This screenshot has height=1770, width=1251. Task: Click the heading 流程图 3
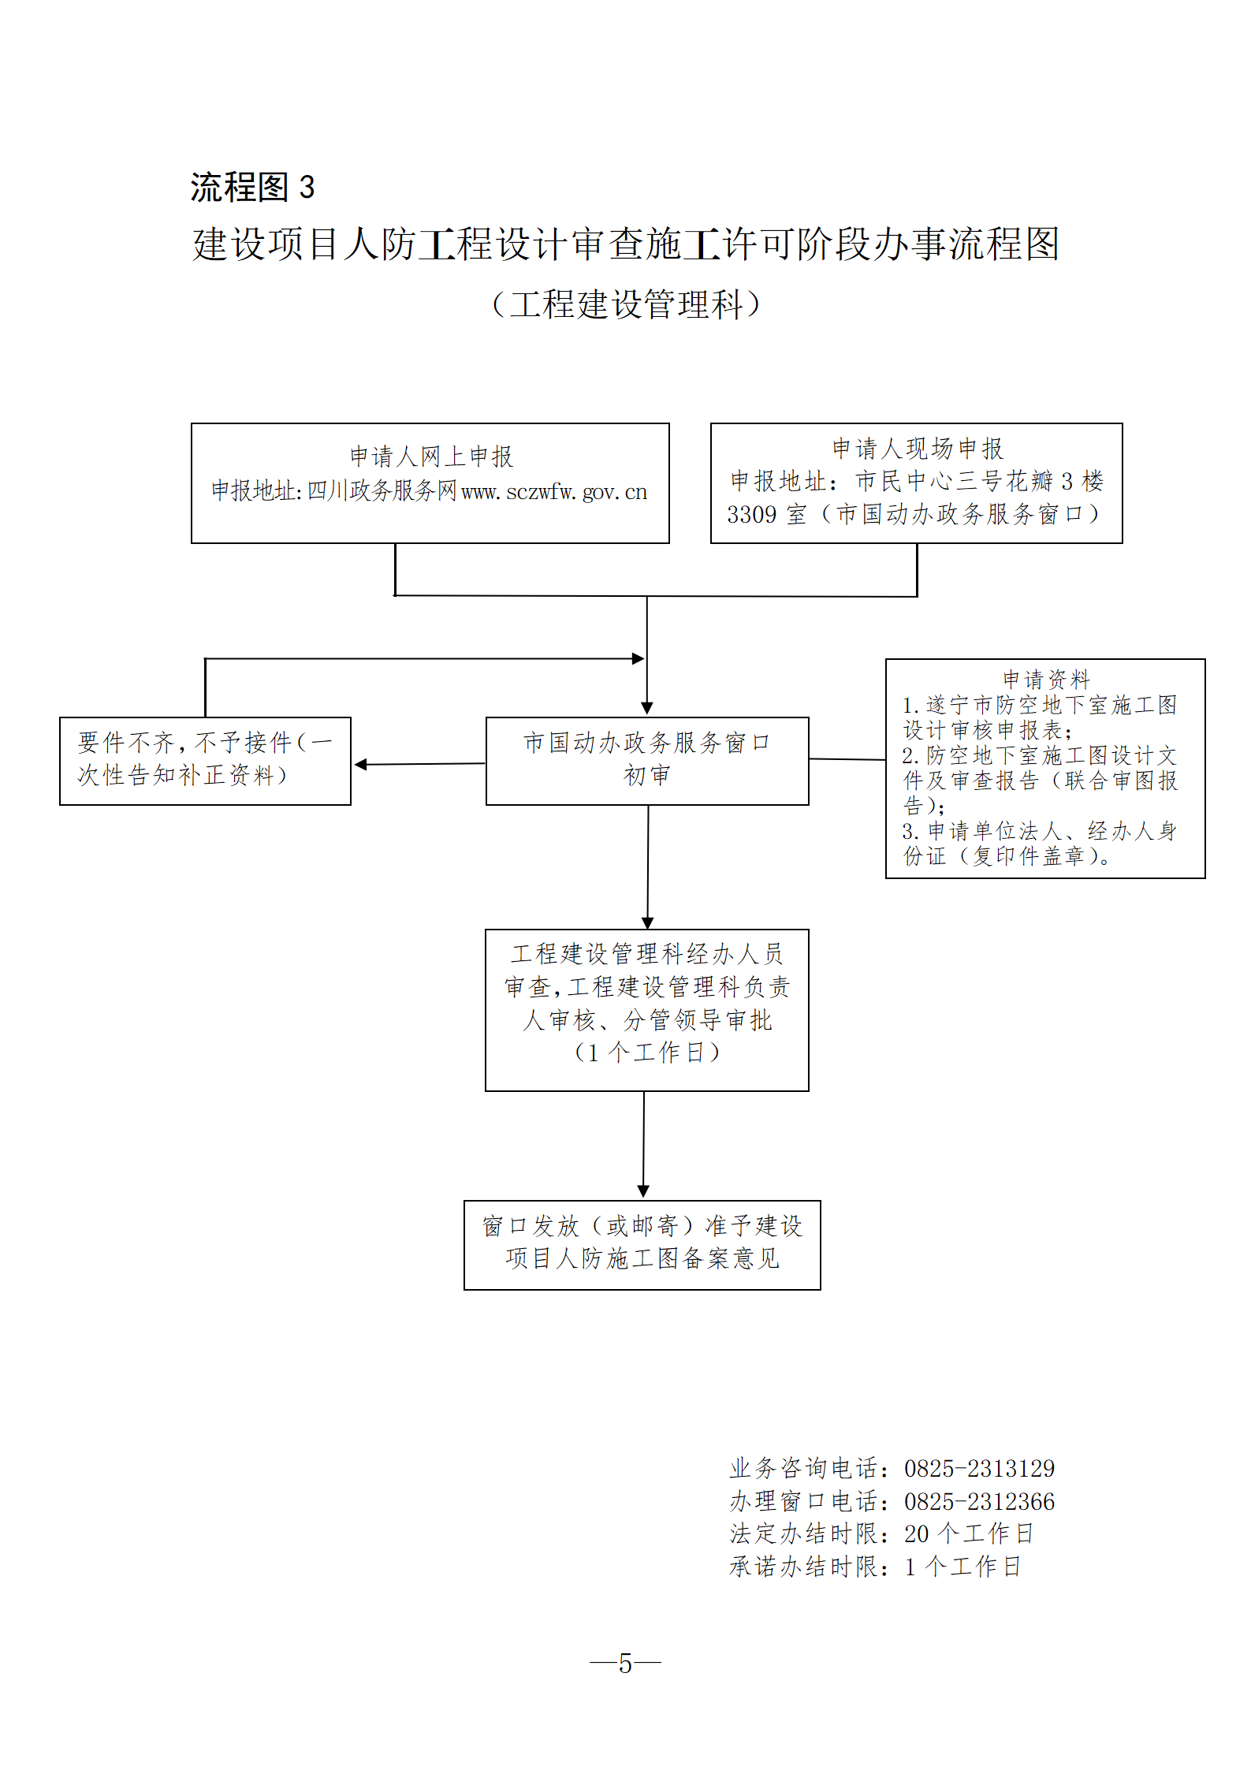252,188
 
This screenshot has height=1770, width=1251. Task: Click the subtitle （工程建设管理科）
626,304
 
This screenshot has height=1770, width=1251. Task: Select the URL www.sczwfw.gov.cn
553,492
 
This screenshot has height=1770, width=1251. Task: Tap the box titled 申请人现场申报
916,483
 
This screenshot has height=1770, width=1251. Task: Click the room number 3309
751,515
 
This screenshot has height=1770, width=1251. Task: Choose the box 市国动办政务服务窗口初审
647,760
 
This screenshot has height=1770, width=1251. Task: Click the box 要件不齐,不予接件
205,760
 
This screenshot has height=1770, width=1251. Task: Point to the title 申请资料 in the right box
1046,679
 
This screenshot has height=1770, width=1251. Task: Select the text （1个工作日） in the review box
646,1052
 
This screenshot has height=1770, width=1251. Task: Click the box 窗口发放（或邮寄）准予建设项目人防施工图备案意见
642,1245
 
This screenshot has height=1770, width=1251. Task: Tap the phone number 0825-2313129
979,1468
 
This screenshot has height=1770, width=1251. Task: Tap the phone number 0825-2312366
979,1501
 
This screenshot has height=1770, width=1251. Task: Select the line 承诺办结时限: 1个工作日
875,1567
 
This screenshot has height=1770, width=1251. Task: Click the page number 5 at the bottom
626,1664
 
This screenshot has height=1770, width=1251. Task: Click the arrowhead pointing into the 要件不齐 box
360,764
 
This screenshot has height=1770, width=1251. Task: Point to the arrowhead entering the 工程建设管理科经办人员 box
647,923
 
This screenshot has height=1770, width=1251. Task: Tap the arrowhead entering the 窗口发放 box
643,1191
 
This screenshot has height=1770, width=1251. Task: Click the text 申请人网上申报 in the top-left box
431,456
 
